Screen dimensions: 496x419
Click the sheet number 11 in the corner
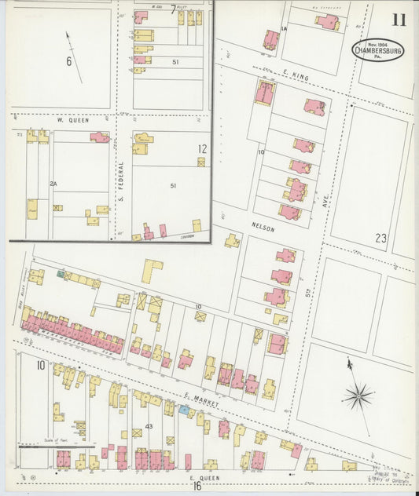399,20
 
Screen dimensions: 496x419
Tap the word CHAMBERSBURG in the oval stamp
380,52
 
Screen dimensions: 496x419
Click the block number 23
381,238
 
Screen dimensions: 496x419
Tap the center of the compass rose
358,394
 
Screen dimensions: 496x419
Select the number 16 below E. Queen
197,487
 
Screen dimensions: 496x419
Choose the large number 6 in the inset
69,61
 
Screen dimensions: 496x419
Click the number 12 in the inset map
202,148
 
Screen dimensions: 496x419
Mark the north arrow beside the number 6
74,46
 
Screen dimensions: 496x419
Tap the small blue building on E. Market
183,410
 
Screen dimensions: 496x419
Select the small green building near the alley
61,273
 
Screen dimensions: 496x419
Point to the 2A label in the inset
53,183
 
